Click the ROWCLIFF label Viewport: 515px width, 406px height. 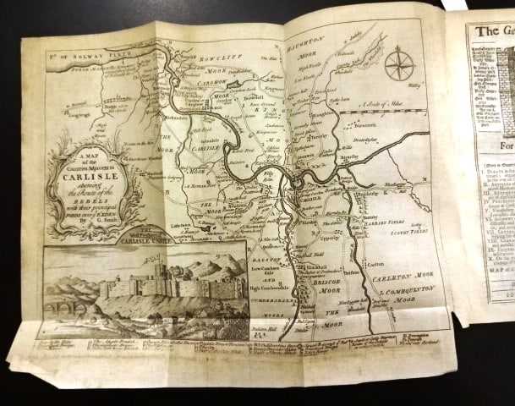point(206,58)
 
